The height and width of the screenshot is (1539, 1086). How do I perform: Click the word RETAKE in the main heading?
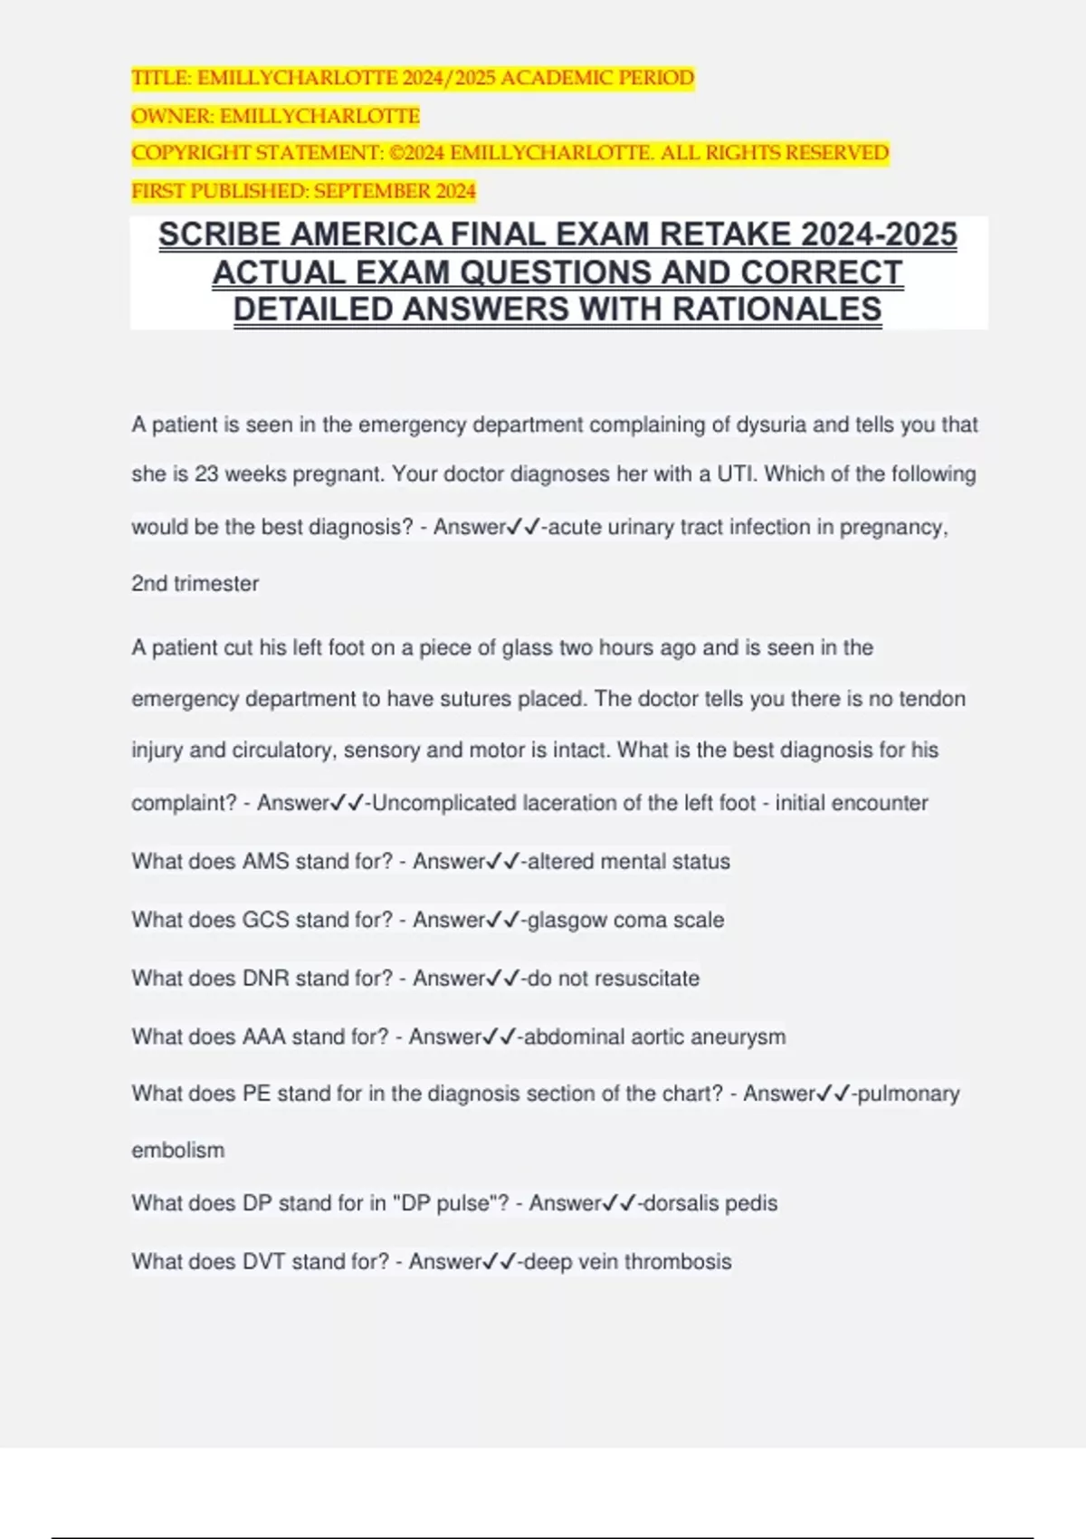pyautogui.click(x=723, y=235)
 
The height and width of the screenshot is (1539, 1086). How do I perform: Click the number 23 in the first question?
pyautogui.click(x=206, y=474)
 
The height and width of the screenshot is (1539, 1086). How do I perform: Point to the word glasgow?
pyautogui.click(x=567, y=921)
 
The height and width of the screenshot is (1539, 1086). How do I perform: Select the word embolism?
pyautogui.click(x=178, y=1151)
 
